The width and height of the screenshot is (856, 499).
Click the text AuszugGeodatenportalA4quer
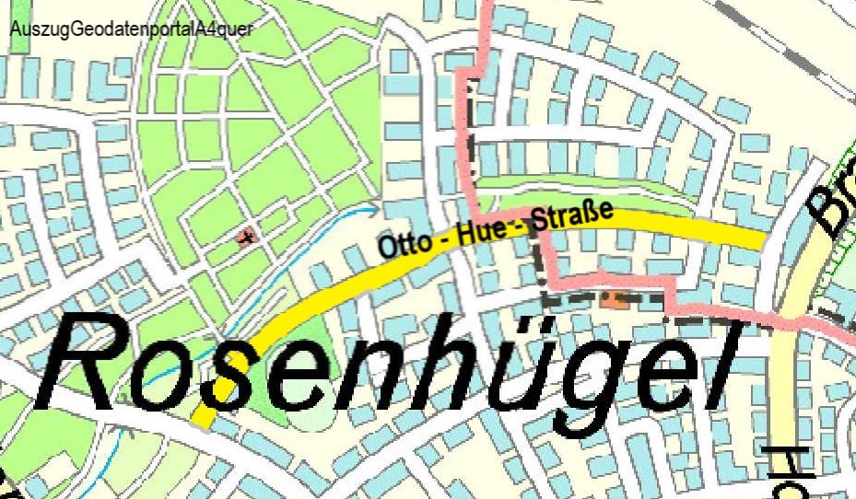click(x=130, y=28)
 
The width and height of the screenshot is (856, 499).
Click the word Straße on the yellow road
click(x=574, y=217)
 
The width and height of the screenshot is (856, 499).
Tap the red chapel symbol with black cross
click(x=246, y=238)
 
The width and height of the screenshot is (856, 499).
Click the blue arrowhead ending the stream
click(x=373, y=208)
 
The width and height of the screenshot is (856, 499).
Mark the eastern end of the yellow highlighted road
click(x=760, y=240)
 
